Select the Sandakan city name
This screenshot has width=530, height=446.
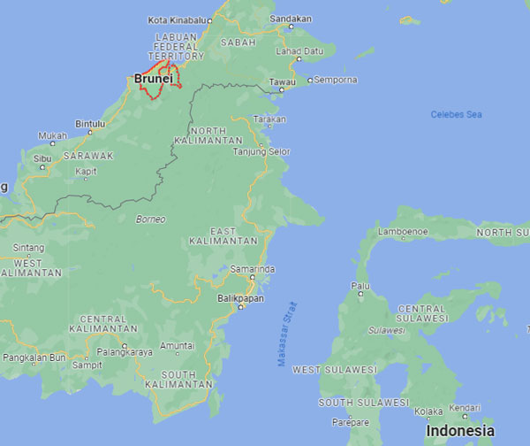point(291,18)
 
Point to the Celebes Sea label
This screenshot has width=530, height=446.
point(456,114)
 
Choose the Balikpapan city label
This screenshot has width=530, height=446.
point(241,298)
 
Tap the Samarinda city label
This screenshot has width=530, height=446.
point(252,268)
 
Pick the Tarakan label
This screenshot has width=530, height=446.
point(269,119)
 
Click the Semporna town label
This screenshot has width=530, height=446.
point(337,80)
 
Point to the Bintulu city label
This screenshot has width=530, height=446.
point(90,124)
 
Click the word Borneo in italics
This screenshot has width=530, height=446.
point(150,219)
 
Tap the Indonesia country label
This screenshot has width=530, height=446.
point(459,431)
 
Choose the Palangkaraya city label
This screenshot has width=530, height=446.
point(124,351)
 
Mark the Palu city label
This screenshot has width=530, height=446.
point(360,286)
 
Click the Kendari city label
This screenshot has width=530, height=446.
point(463,409)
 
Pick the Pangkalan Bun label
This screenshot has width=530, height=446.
point(34,358)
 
